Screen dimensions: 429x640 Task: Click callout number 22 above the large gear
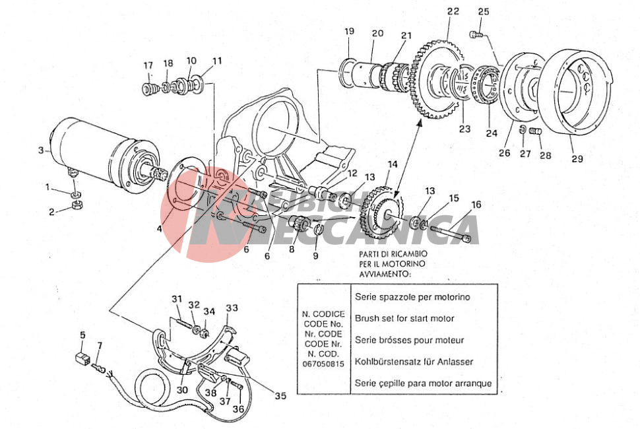(x=453, y=11)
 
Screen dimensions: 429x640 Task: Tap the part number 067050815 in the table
(x=323, y=364)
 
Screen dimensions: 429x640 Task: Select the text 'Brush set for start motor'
(x=404, y=319)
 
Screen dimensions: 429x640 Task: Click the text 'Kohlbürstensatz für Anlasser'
(x=415, y=362)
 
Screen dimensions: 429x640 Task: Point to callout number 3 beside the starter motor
(x=41, y=150)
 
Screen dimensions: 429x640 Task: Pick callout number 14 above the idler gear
(x=393, y=164)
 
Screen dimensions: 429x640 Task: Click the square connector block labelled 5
(x=83, y=360)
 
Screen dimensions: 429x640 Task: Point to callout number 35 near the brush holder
(x=280, y=396)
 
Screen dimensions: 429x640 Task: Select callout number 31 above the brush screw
(x=177, y=300)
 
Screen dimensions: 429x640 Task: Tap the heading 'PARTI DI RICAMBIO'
(x=394, y=253)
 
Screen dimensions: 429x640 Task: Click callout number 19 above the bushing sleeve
(x=349, y=31)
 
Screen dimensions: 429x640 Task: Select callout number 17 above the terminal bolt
(x=148, y=65)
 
